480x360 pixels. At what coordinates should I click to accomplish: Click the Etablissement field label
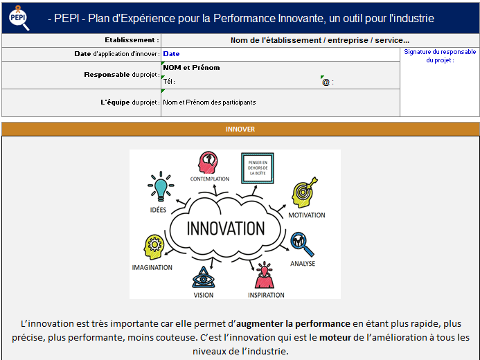coord(132,40)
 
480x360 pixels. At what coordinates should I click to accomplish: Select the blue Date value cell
coord(172,53)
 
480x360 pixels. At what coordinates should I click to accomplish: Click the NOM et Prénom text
coord(191,67)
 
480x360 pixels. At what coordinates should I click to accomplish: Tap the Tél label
coord(168,82)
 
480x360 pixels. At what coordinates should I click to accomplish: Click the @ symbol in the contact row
coord(326,82)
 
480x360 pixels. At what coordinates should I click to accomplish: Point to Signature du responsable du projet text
coord(440,55)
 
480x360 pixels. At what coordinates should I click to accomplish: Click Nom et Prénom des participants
coord(209,102)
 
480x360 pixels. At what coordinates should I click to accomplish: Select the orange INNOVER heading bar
coord(240,129)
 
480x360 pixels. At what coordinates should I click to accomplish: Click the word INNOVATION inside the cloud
coord(216,228)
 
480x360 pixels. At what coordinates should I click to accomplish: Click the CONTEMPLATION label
coord(209,179)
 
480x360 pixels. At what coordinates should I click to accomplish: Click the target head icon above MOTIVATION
coord(305,195)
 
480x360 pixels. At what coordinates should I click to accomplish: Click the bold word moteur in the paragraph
coord(332,338)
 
